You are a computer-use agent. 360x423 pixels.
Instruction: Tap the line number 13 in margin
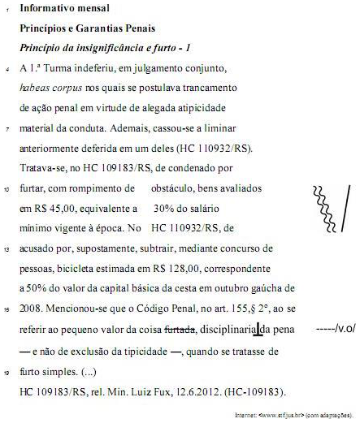pyautogui.click(x=7, y=248)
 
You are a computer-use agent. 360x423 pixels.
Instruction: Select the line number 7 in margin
pyautogui.click(x=7, y=129)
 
